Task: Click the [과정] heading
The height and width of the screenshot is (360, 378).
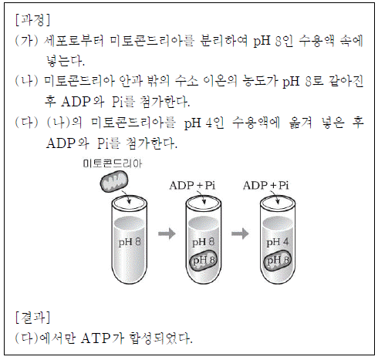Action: click(x=32, y=20)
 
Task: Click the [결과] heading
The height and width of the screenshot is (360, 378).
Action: click(x=32, y=317)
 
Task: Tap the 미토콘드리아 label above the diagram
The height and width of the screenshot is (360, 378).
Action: click(x=112, y=163)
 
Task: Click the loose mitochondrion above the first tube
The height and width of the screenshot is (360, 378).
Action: click(x=114, y=182)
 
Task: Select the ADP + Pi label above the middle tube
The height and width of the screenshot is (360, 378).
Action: click(x=192, y=185)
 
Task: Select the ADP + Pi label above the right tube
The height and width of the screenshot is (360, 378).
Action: click(x=266, y=185)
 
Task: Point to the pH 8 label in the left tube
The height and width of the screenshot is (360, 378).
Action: click(x=130, y=242)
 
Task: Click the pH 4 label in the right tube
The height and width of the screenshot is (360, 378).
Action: click(x=278, y=242)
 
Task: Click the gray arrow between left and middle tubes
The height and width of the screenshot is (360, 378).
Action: click(x=167, y=234)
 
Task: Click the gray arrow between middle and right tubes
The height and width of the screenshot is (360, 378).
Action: click(x=240, y=234)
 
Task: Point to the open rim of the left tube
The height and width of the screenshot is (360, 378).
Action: click(x=130, y=197)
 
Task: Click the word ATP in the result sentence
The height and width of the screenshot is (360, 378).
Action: click(x=96, y=338)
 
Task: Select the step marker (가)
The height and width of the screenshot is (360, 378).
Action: click(x=27, y=41)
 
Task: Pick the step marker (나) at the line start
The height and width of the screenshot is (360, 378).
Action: click(x=27, y=81)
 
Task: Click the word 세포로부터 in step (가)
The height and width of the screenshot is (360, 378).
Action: click(x=74, y=41)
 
